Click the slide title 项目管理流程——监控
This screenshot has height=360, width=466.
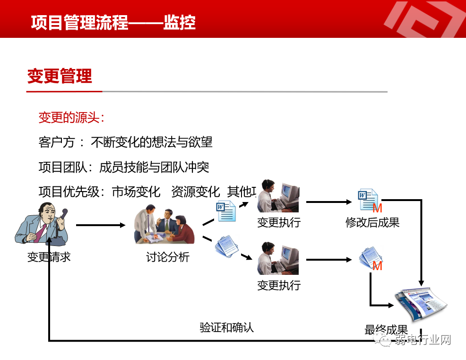click(113, 22)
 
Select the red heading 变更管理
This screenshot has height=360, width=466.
click(60, 76)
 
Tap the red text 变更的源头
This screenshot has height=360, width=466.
click(71, 117)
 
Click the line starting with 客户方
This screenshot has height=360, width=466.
click(125, 142)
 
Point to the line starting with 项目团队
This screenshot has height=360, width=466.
click(124, 167)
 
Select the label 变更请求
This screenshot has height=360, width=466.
click(49, 257)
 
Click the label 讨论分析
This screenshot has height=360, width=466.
click(168, 257)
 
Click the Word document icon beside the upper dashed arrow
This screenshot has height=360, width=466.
click(226, 211)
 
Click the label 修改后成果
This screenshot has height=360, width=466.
click(372, 222)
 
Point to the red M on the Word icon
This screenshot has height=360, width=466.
click(377, 208)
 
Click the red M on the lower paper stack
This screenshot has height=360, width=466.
click(377, 266)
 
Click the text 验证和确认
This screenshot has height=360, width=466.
click(227, 327)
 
